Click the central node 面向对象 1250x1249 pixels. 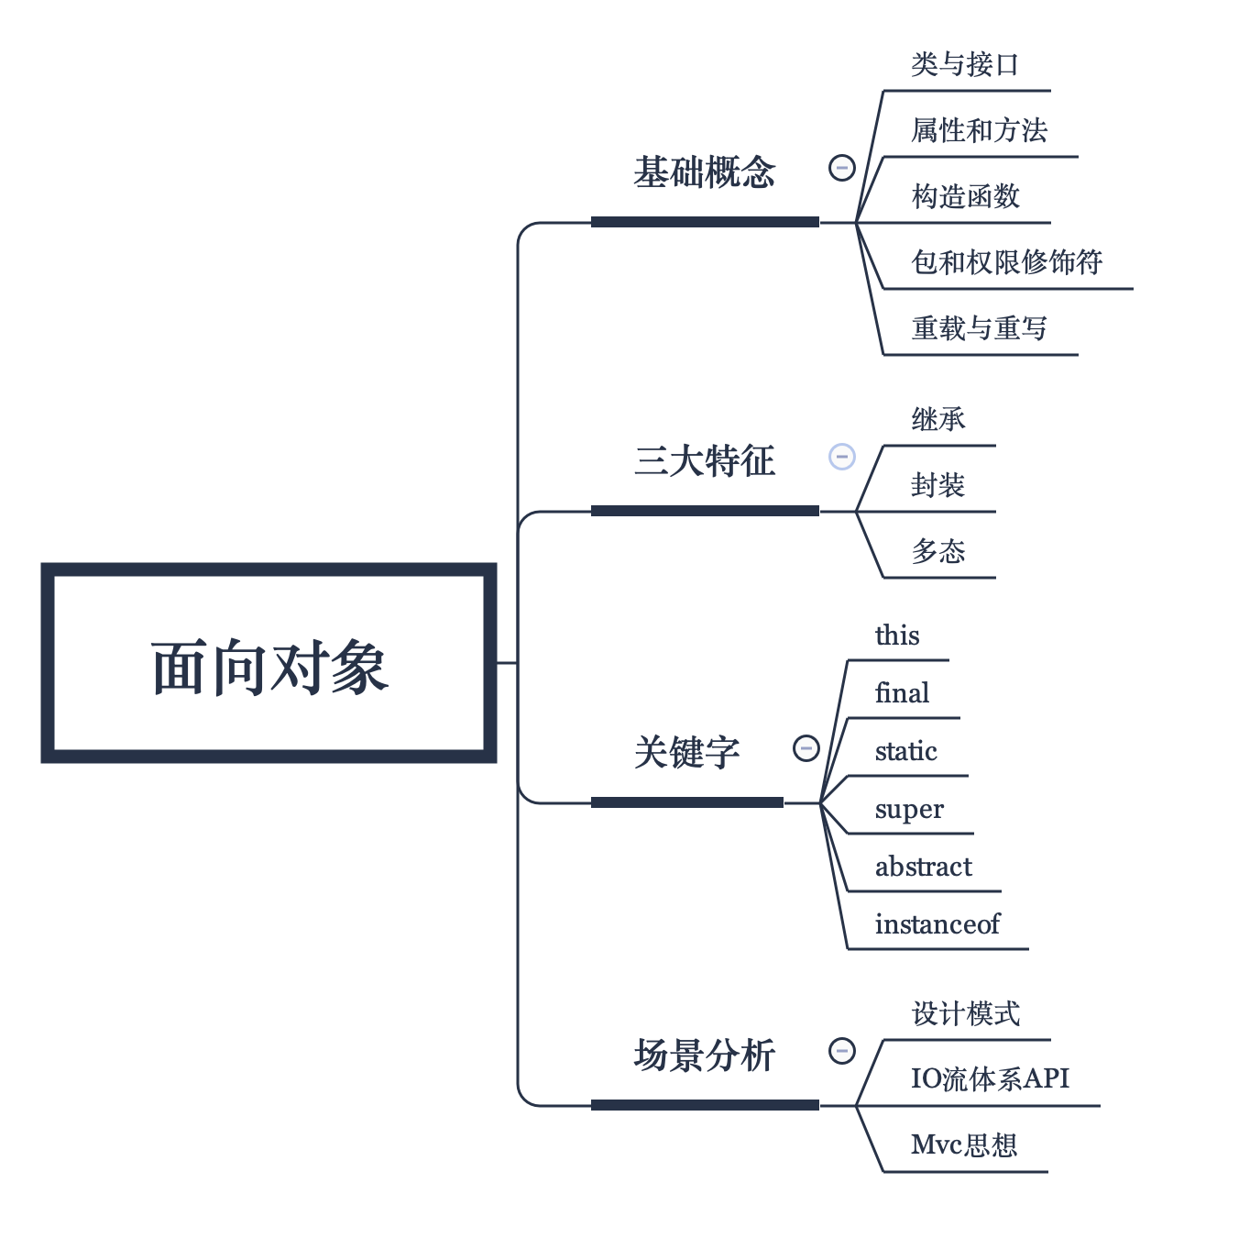coord(269,664)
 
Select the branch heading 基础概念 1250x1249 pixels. coord(704,172)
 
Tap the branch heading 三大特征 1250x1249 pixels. coord(704,460)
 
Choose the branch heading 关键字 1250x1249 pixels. coord(686,752)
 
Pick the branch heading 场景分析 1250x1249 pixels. coord(704,1055)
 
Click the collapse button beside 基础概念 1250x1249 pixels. coord(841,168)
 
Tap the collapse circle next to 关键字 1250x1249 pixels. coord(806,748)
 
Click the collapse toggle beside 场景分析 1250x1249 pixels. coord(841,1051)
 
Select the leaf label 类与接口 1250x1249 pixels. coord(964,64)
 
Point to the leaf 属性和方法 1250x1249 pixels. coord(979,130)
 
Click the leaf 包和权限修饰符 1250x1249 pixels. coord(1006,262)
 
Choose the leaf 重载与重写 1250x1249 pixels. coord(979,328)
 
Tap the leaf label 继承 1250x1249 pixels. coord(937,419)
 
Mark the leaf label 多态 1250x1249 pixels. coord(937,551)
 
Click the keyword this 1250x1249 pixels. coord(896,636)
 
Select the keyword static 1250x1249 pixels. coord(905,751)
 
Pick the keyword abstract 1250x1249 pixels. coord(923,867)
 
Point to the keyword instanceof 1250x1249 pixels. coord(937,924)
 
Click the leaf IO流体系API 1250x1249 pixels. coord(990,1078)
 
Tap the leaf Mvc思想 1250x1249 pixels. coord(964,1144)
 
